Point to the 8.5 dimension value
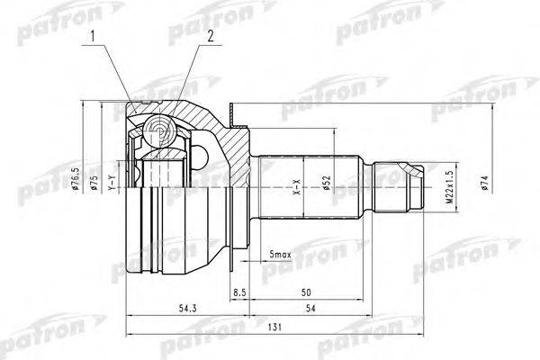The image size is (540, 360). [x=240, y=292]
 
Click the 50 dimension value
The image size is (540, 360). [x=306, y=292]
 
